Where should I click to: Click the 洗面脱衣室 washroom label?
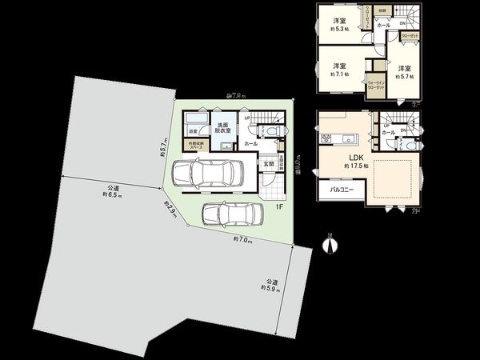pyautogui.click(x=222, y=130)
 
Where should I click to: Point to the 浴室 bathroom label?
pyautogui.click(x=194, y=129)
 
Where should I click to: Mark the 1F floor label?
pyautogui.click(x=279, y=206)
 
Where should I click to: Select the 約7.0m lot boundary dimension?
pyautogui.click(x=242, y=240)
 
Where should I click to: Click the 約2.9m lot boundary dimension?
pyautogui.click(x=170, y=210)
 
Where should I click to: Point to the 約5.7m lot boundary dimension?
pyautogui.click(x=163, y=149)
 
